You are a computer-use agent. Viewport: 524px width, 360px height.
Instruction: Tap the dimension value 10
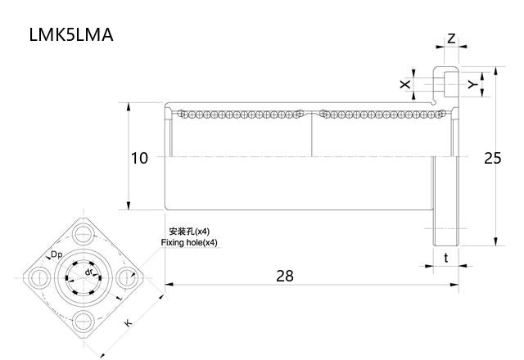tap(139, 158)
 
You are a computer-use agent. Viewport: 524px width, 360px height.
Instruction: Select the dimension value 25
tap(492, 158)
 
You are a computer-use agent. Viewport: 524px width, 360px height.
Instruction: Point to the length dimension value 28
tap(284, 276)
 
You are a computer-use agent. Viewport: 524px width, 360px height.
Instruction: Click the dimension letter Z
tap(451, 39)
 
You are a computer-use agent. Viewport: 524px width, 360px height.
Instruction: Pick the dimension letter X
tap(404, 84)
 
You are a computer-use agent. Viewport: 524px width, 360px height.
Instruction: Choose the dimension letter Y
tap(472, 84)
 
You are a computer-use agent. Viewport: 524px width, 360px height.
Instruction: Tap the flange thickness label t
tap(445, 258)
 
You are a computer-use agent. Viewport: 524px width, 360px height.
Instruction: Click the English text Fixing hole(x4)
tap(190, 243)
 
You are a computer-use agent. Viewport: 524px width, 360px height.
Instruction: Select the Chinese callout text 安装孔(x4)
tap(189, 232)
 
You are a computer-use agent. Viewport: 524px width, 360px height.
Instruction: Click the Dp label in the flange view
tap(57, 255)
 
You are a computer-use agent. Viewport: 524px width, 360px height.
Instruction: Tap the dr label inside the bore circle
tap(88, 270)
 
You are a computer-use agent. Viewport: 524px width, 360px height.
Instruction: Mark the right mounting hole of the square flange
tap(129, 278)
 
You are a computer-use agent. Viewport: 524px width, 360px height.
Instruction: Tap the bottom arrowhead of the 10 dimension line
tap(129, 208)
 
